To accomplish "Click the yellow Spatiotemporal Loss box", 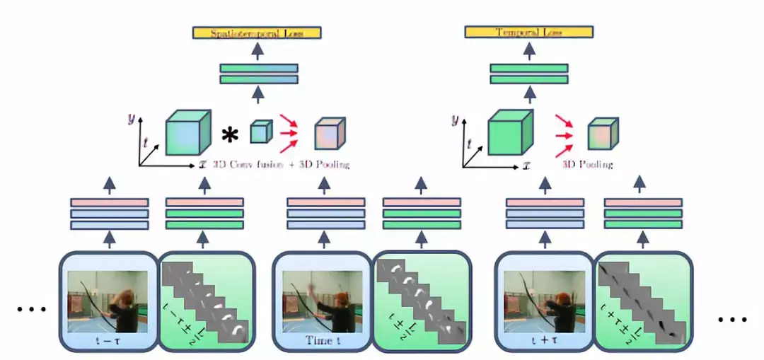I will click(x=257, y=33).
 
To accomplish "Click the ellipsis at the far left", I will click(x=30, y=309).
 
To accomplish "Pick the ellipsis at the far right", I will click(x=732, y=319).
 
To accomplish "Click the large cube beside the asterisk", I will click(x=187, y=134).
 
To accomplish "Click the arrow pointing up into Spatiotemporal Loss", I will click(x=258, y=51).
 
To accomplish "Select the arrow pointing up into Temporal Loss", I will click(x=528, y=50).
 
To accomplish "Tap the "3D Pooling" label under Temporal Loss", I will click(x=587, y=165).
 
